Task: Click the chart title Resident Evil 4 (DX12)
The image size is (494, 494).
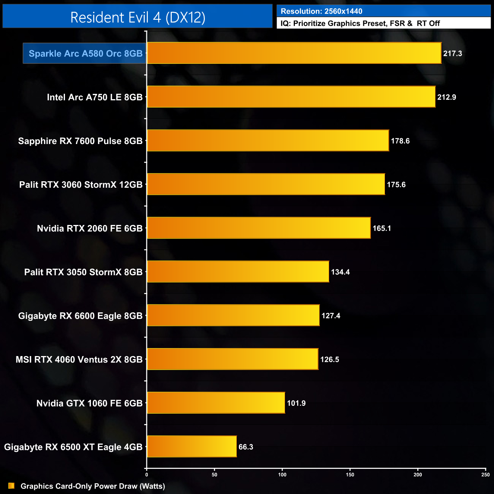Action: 138,17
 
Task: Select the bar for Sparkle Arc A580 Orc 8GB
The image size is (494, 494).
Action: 294,53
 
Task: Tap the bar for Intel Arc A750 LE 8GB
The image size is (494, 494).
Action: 291,97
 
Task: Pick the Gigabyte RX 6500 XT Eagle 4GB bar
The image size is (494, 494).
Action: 192,446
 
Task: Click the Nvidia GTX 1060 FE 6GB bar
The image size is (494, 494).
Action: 215,402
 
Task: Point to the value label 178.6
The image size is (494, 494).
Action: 400,141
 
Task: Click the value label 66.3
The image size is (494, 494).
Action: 246,447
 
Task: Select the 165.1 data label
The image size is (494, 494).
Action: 382,228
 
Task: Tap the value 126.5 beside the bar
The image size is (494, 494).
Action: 329,359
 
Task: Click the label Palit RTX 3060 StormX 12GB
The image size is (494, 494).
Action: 81,185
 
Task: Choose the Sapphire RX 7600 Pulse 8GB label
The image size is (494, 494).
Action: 80,141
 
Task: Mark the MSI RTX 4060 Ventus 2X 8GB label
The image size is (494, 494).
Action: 79,359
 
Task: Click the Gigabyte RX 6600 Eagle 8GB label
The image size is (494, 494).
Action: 80,316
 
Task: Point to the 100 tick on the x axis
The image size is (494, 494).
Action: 282,475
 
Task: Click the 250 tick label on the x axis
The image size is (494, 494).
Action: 485,475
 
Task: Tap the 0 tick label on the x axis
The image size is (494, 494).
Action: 147,475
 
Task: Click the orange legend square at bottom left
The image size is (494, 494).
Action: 11,486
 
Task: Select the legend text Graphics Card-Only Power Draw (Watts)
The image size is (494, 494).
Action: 93,486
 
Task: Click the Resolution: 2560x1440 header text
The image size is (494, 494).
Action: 321,11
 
